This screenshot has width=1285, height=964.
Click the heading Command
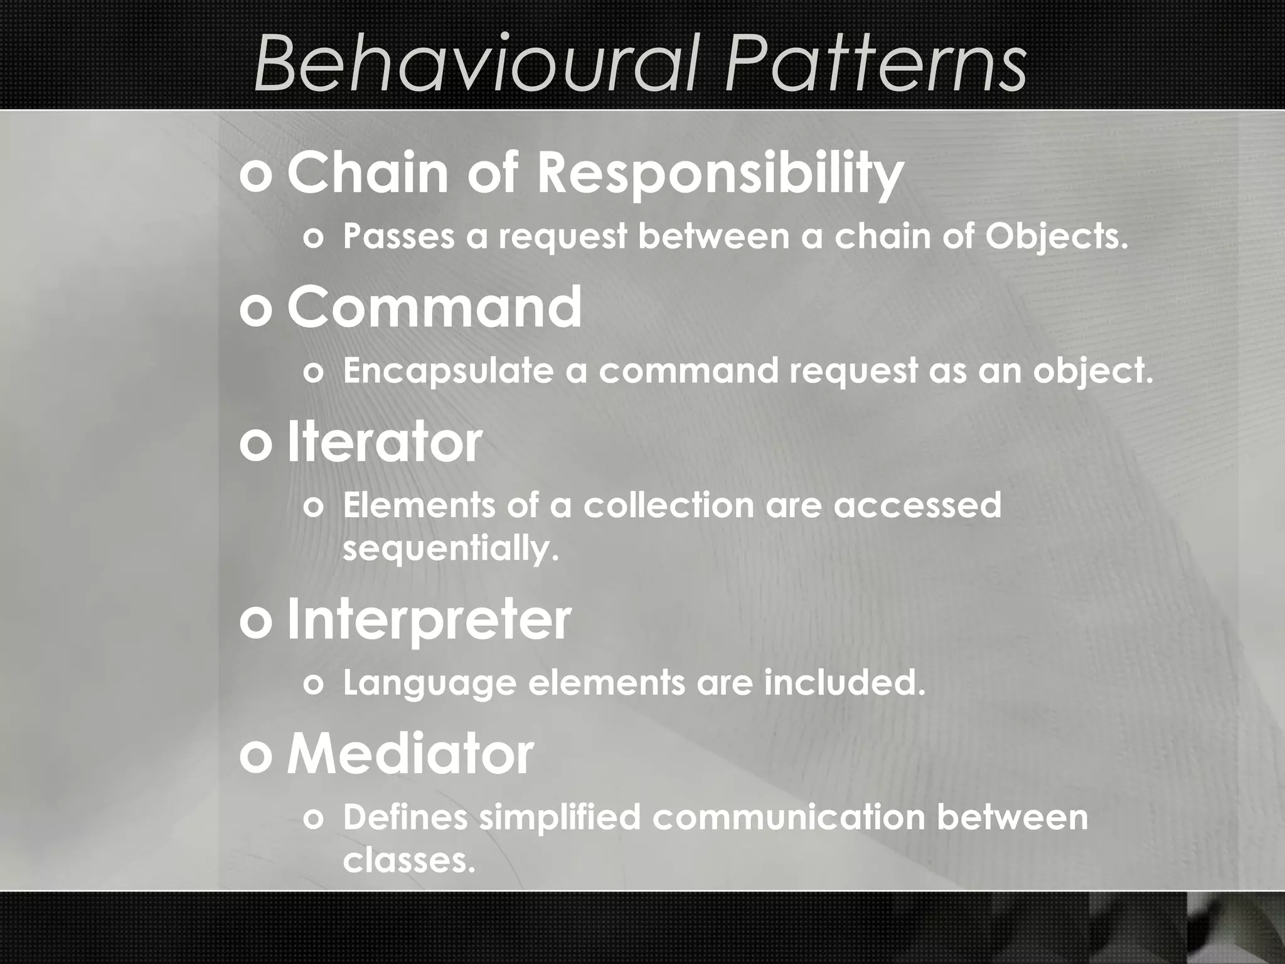(x=434, y=308)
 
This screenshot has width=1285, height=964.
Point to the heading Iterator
(x=384, y=442)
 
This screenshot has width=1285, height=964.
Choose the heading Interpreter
(x=429, y=620)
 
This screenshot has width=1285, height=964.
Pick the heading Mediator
(x=410, y=754)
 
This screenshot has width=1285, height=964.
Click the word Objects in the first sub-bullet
(x=1056, y=237)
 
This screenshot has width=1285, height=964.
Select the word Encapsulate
(x=449, y=371)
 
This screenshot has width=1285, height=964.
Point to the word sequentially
(x=451, y=549)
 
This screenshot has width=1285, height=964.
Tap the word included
(x=845, y=682)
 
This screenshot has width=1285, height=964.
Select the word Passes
(x=398, y=237)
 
